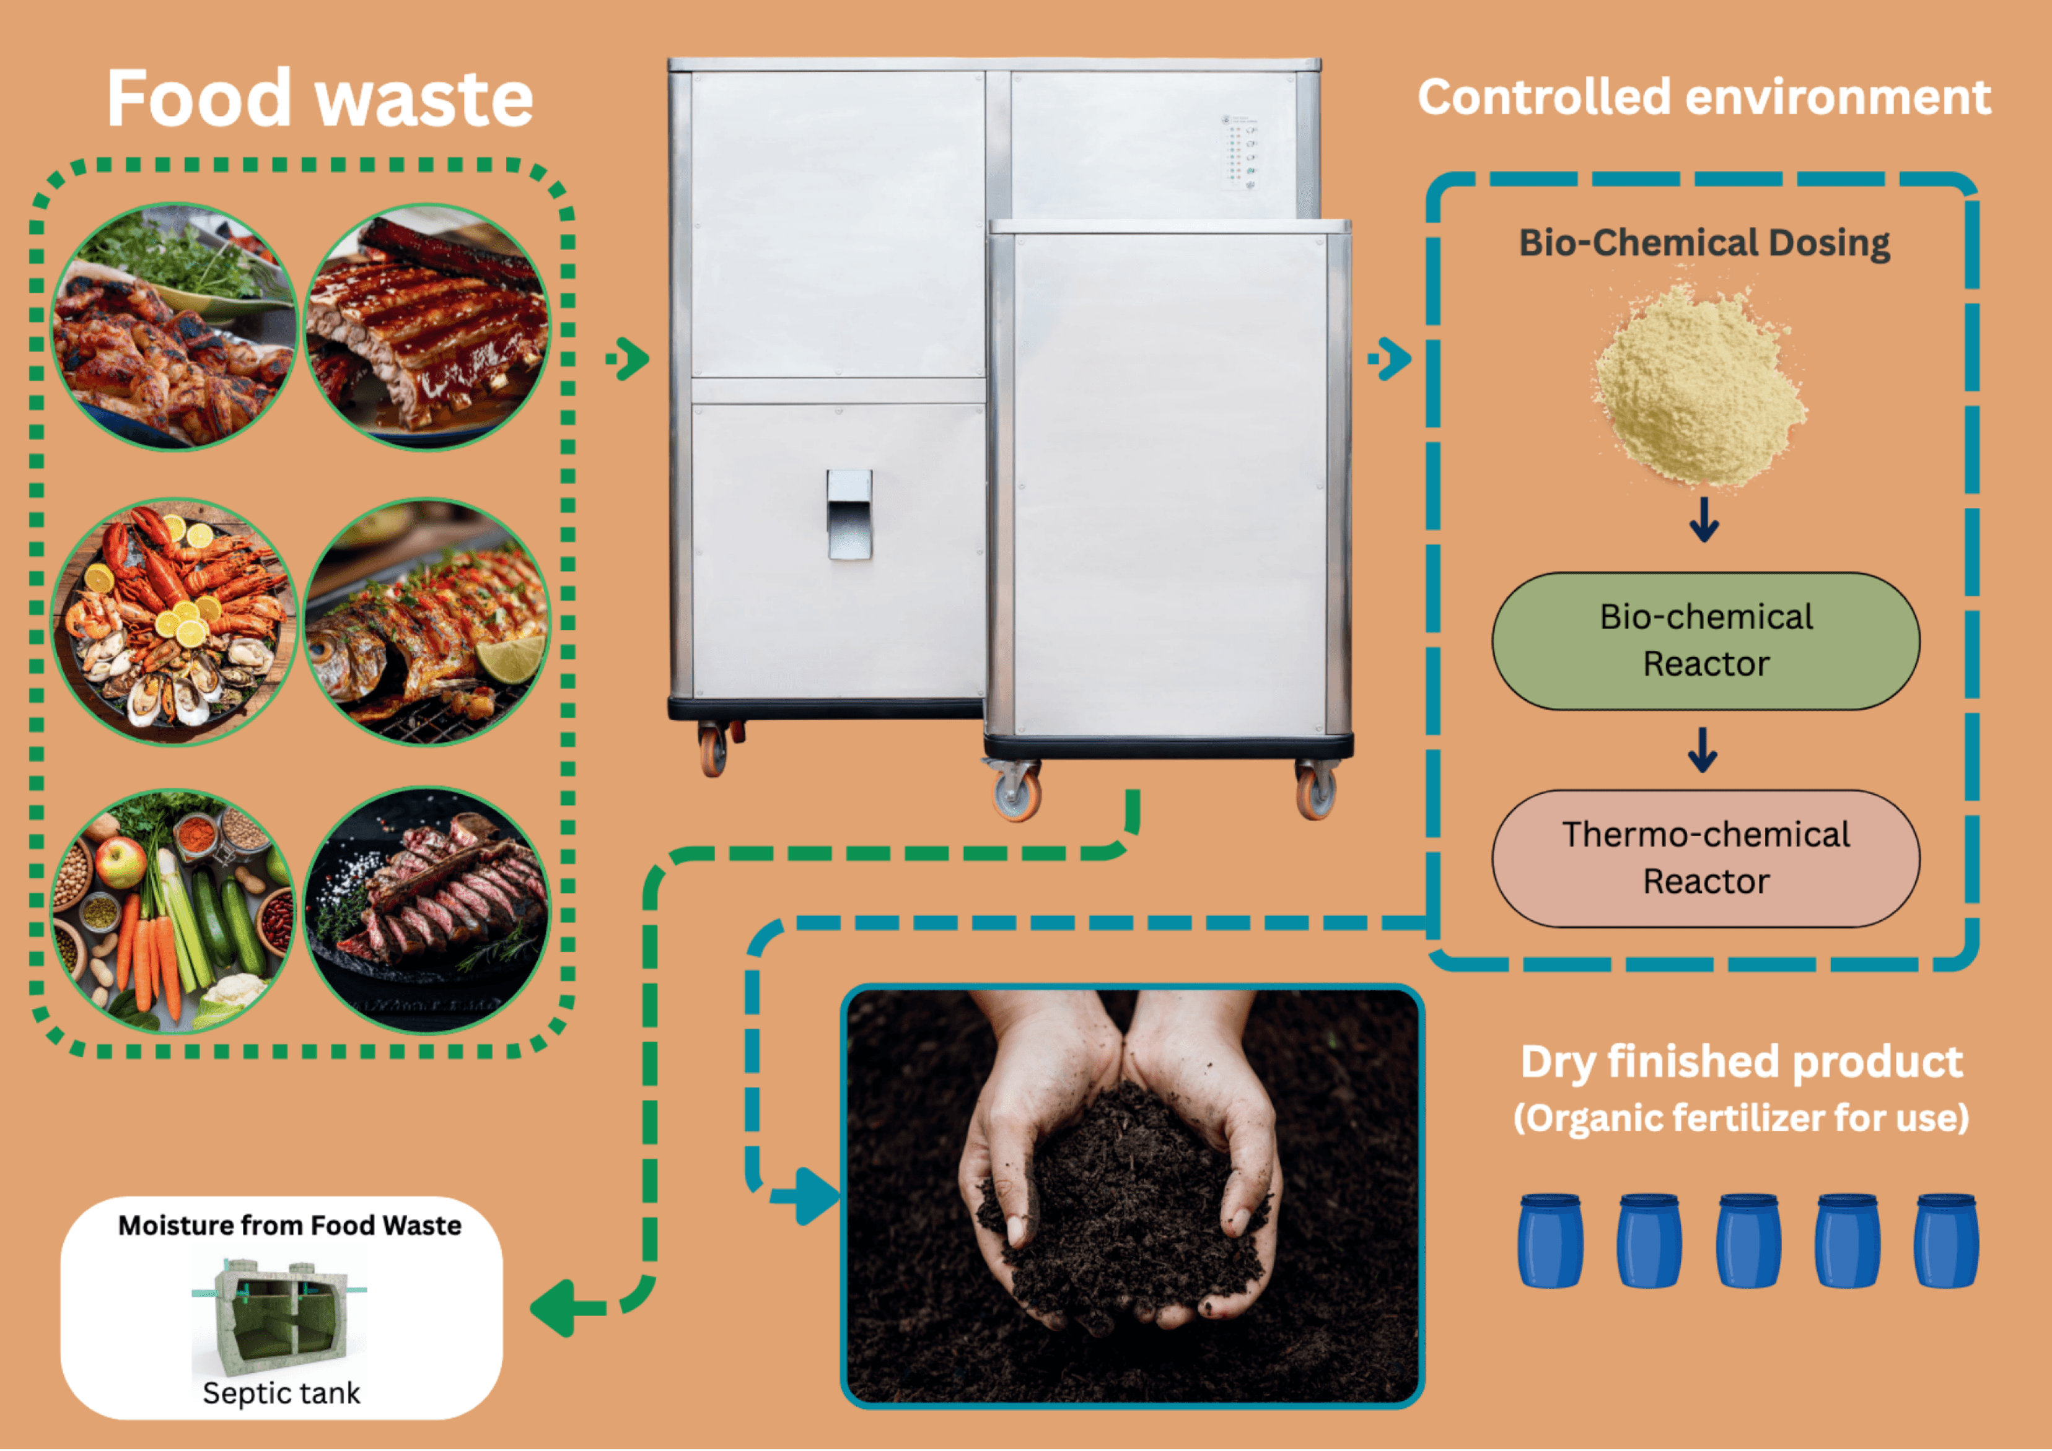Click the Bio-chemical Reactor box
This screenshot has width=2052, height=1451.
(x=1705, y=640)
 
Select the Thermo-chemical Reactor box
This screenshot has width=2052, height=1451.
(x=1705, y=858)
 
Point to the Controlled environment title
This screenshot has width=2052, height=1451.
(x=1703, y=97)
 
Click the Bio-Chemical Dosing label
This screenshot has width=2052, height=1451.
(x=1703, y=243)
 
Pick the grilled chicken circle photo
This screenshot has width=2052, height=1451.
(x=174, y=327)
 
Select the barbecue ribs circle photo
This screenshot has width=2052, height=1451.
(x=427, y=327)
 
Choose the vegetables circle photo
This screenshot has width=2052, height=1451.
(x=174, y=912)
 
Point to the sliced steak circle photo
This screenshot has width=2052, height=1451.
(x=427, y=912)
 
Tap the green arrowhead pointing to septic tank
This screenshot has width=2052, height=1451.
(x=556, y=1308)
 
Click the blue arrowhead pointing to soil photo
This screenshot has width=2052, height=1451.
(x=815, y=1195)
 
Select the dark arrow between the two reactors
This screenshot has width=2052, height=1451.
(x=1703, y=751)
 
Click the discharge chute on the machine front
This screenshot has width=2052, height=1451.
(x=849, y=515)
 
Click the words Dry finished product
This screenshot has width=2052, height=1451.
(x=1741, y=1062)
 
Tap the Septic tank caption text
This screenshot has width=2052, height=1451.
(x=281, y=1393)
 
